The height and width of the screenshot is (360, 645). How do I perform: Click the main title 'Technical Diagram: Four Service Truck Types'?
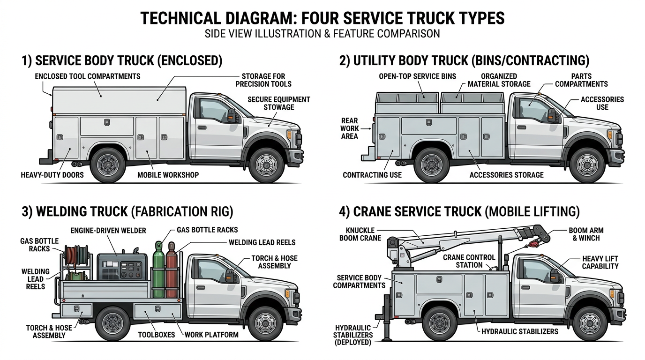tap(322, 18)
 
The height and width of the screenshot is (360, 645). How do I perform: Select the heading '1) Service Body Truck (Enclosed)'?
tap(122, 60)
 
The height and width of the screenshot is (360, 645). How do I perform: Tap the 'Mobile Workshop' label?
tap(168, 175)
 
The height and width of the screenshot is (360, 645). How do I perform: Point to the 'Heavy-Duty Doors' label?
tap(52, 175)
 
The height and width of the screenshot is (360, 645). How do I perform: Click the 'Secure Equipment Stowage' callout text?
tap(278, 103)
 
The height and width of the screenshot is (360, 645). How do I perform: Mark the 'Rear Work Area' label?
tap(350, 128)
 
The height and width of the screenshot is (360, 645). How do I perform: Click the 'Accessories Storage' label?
tap(506, 175)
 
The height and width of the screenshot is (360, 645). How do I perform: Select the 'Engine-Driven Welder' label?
tap(108, 231)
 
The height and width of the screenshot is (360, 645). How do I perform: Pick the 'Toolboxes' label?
tap(156, 335)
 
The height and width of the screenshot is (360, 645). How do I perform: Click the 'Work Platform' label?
tap(211, 335)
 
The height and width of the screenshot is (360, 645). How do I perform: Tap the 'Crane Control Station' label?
tap(462, 261)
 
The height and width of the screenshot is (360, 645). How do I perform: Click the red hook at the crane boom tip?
tap(532, 244)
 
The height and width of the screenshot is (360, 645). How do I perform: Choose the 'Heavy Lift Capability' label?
tap(600, 262)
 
